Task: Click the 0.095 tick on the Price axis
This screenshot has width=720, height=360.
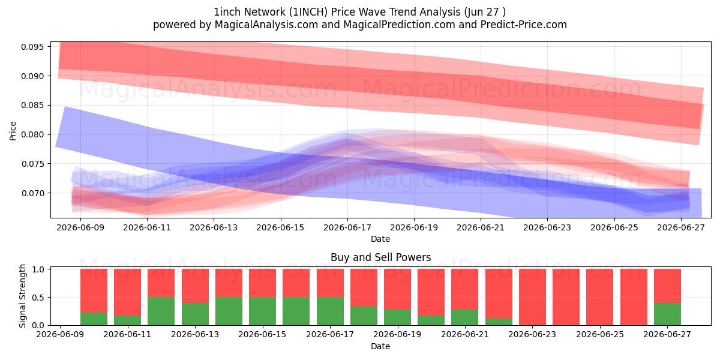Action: click(x=32, y=47)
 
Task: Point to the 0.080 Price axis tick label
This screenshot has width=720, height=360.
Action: click(x=32, y=134)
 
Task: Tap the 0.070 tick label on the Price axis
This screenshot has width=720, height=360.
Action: click(x=32, y=193)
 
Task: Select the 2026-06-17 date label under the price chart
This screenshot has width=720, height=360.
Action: click(x=347, y=227)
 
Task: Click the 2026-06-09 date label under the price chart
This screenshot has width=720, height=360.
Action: click(x=80, y=227)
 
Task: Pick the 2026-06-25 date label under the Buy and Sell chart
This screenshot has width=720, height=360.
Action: click(x=600, y=334)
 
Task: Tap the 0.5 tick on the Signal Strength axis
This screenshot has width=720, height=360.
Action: click(x=38, y=298)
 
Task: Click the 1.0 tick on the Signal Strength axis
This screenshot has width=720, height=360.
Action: click(x=38, y=269)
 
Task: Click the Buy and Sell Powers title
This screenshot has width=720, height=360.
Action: click(x=380, y=257)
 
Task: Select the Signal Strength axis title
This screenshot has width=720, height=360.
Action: click(x=22, y=296)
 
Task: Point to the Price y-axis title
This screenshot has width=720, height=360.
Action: click(x=13, y=131)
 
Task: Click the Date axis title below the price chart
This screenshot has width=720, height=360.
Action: click(x=380, y=239)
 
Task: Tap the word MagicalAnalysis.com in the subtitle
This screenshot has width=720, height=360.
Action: click(x=266, y=25)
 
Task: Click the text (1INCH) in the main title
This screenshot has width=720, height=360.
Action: click(x=308, y=12)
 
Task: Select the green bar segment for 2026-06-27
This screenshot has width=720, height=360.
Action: click(x=667, y=314)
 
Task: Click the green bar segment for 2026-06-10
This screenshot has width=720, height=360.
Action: click(x=94, y=319)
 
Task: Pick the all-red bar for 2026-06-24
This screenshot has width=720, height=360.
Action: click(x=566, y=297)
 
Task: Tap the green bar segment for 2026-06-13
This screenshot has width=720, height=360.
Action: click(x=195, y=314)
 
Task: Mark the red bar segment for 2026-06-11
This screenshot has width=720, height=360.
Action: click(x=128, y=292)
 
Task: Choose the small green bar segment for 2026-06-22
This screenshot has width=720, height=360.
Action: click(x=499, y=322)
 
